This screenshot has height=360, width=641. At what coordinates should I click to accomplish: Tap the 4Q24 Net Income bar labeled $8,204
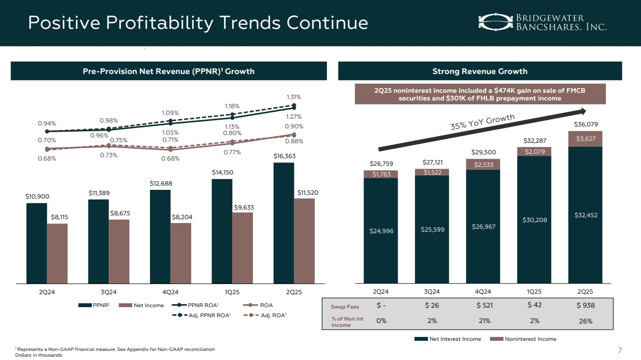[181, 253]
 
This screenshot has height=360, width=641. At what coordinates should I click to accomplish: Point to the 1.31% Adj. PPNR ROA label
[294, 97]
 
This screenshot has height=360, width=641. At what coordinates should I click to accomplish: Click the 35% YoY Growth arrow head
[588, 112]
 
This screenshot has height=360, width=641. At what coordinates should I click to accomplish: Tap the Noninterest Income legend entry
[526, 339]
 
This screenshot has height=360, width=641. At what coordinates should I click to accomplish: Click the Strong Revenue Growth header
[479, 71]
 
